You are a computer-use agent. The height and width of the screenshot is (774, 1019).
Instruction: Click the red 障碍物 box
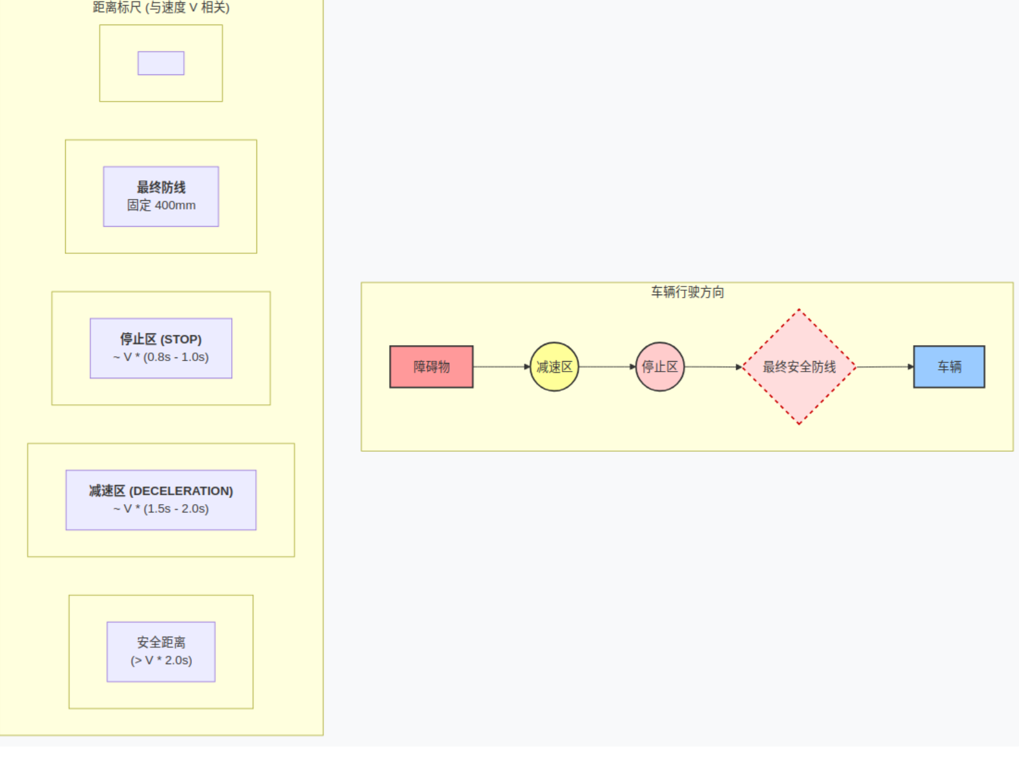tap(431, 367)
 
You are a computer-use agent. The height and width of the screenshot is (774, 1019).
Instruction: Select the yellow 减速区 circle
tap(554, 367)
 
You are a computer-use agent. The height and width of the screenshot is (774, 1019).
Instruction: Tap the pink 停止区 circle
tap(660, 367)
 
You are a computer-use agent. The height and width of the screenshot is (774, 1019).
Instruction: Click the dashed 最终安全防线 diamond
tap(799, 367)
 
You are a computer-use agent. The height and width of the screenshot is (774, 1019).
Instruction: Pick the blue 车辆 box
tap(949, 367)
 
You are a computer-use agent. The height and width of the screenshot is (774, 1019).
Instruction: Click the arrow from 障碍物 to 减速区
tap(502, 367)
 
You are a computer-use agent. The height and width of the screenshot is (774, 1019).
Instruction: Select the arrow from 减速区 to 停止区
tap(607, 367)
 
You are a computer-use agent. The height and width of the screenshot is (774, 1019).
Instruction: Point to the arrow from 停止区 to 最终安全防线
tap(713, 367)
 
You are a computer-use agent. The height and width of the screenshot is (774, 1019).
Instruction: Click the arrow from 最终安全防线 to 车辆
tap(885, 367)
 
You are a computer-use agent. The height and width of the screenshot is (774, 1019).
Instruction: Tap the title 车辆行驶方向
tap(688, 292)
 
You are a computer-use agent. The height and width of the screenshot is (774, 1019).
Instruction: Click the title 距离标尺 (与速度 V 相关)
tap(161, 7)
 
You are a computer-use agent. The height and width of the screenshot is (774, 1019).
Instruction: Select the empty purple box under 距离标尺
tap(161, 63)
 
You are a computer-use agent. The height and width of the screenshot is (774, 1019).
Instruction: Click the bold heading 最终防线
tap(161, 187)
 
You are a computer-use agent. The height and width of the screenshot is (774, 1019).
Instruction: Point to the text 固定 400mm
tap(161, 205)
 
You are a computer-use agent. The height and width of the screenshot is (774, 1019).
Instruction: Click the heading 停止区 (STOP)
tap(161, 339)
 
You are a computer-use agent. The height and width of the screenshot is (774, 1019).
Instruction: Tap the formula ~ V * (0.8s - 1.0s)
tap(161, 357)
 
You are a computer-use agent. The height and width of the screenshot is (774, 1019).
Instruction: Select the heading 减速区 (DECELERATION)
tap(161, 491)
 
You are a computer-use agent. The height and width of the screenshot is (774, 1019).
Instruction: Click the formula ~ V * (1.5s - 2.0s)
tap(161, 509)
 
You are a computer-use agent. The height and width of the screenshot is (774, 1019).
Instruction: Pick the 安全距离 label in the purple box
tap(161, 643)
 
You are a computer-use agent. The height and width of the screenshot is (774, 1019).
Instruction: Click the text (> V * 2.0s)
tap(161, 660)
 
